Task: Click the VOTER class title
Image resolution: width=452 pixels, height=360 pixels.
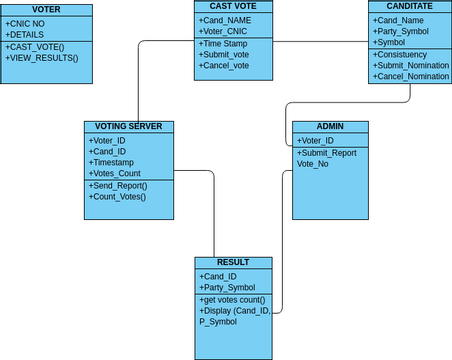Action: pyautogui.click(x=47, y=9)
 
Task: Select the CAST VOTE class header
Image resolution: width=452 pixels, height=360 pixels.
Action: pyautogui.click(x=232, y=6)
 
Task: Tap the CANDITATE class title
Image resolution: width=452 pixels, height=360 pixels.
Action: pyautogui.click(x=408, y=6)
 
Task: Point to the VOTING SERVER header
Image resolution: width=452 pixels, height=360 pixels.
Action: pyautogui.click(x=129, y=127)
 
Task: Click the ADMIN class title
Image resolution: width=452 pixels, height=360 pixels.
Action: pyautogui.click(x=330, y=127)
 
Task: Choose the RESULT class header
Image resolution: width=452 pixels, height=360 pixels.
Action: pyautogui.click(x=233, y=262)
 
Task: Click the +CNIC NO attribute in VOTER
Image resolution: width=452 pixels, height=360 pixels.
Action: pyautogui.click(x=27, y=22)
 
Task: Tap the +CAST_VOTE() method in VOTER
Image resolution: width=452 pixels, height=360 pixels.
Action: pyautogui.click(x=36, y=47)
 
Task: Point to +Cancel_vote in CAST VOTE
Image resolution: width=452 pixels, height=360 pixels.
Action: pyautogui.click(x=225, y=66)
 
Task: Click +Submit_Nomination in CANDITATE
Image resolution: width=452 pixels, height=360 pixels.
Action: pyautogui.click(x=411, y=65)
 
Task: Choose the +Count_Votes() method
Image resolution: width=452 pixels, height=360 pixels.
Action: pyautogui.click(x=118, y=196)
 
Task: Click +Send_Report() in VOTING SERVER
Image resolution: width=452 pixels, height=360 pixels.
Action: pyautogui.click(x=118, y=185)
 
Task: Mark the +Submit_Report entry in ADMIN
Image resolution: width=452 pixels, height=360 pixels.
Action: pyautogui.click(x=328, y=152)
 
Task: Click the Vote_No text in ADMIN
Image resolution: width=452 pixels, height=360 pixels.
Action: pyautogui.click(x=312, y=163)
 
